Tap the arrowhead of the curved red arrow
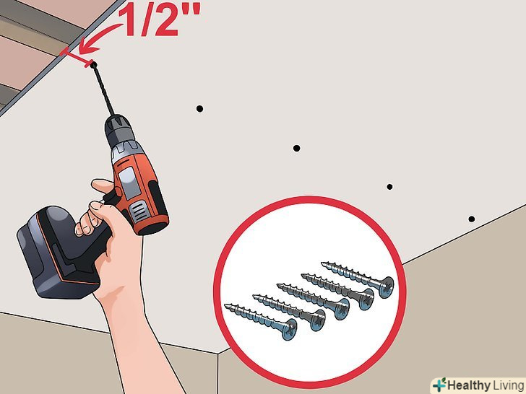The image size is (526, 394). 87,48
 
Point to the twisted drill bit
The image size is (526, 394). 103,89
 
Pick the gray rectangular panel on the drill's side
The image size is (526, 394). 130,183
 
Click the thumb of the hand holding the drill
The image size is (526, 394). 103,185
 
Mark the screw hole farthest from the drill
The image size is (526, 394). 471,219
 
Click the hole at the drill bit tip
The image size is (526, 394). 93,64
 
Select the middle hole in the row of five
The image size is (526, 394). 296,148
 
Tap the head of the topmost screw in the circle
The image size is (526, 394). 387,287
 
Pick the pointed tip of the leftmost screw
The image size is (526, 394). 225,305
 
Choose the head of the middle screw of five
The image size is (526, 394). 342,309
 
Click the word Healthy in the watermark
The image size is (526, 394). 468,385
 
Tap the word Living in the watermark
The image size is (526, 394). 509,386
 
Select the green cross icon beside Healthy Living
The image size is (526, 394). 439,385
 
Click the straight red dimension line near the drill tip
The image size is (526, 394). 77,57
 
